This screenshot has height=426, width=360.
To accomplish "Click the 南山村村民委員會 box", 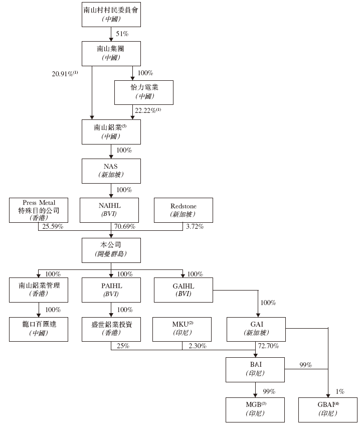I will [x=111, y=14].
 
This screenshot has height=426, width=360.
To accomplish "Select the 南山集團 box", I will [x=111, y=53].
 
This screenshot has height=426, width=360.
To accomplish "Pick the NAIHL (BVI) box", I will [x=111, y=210].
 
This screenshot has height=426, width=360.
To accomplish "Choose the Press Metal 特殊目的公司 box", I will [x=38, y=210].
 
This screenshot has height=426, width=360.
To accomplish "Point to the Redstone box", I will [x=183, y=210].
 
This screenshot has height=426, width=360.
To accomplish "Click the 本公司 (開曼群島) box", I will [x=111, y=249].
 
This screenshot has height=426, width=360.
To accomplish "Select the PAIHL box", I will [x=111, y=289].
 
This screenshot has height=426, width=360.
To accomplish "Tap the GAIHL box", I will [x=184, y=289].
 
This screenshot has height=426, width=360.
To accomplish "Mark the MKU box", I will [x=184, y=328].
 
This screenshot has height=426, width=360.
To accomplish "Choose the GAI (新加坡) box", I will [x=256, y=328].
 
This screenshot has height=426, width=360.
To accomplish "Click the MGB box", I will [x=256, y=408].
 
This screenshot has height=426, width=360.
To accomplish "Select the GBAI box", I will [x=328, y=408].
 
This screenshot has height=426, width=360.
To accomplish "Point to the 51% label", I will [x=123, y=34].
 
